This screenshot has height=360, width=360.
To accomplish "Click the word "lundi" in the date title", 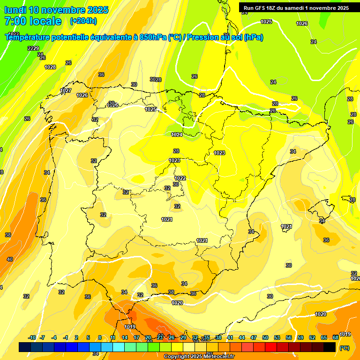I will click(15, 10).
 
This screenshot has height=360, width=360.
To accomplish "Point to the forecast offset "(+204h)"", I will click(83, 21).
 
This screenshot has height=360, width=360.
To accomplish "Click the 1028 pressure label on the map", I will click(50, 67).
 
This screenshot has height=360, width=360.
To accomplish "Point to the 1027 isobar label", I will click(66, 90).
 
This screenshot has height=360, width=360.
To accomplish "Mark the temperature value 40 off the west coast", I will click(10, 259).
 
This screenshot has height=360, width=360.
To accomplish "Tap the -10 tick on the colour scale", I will click(32, 338).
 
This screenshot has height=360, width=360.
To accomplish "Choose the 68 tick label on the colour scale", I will click(336, 338).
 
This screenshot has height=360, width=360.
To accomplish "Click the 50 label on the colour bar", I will click(265, 338).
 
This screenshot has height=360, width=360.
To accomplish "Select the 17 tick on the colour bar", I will click(136, 338).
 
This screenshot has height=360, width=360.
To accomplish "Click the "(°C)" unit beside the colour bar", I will click(344, 348).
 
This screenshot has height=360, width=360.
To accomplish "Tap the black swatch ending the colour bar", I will click(330, 347).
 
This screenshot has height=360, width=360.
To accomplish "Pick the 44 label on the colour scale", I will click(242, 338).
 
